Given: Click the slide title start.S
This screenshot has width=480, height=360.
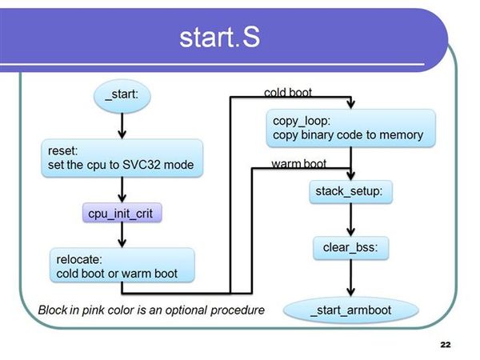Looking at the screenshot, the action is tap(219, 37).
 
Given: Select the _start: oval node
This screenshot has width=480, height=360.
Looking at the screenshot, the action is tap(122, 96).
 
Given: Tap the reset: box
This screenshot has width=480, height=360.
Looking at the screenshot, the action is tap(122, 158).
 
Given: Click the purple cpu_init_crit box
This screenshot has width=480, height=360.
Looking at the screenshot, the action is tap(122, 213).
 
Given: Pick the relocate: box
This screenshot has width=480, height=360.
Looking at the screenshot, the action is tap(122, 265).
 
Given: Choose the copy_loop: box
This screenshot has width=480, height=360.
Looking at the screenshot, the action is tap(351, 128).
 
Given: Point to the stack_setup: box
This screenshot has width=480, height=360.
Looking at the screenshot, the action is tap(351, 192).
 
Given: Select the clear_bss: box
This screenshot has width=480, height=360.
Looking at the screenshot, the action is tap(351, 248).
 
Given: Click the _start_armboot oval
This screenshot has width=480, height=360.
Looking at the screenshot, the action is tap(351, 310).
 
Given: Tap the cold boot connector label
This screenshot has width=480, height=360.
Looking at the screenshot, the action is tap(288, 93).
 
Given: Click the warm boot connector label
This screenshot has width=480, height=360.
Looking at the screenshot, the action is tap(298, 164).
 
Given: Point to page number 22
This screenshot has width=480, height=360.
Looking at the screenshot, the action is tap(446, 345).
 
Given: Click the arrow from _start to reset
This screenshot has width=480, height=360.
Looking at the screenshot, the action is tap(122, 126).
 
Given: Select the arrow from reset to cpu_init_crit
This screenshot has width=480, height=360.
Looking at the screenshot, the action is tap(122, 190).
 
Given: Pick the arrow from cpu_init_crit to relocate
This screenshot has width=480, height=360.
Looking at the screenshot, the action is tap(122, 235).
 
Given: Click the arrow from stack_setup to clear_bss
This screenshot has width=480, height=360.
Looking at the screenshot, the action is tap(351, 220).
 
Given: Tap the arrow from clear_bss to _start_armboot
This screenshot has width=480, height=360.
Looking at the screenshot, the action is tap(351, 278).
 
